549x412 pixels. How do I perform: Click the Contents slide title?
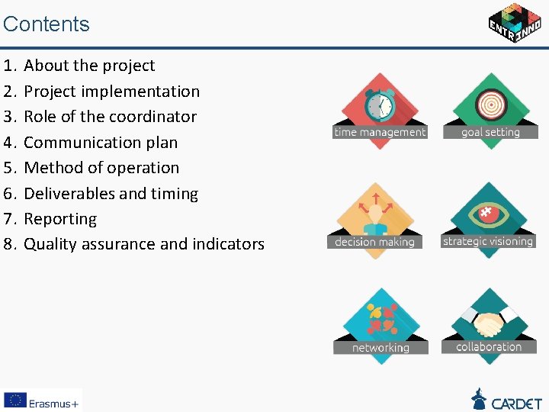point(47,24)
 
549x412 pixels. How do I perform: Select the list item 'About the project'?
point(89,66)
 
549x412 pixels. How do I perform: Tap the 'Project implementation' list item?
point(111,92)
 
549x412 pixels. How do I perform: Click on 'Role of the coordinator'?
point(110,117)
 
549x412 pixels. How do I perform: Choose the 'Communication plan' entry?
point(101,143)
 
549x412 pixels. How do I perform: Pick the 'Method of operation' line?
point(101,168)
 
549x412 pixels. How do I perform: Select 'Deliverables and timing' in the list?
point(111,194)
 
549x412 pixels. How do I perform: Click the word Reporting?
point(60,219)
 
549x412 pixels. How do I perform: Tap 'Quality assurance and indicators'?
point(144,244)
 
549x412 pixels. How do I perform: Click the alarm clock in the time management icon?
point(379,105)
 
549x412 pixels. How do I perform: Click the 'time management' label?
point(380,132)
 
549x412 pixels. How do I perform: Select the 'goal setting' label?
point(490,132)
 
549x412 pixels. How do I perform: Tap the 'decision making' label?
point(374,242)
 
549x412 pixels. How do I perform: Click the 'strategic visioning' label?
point(488,241)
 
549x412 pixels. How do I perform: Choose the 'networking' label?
point(380,348)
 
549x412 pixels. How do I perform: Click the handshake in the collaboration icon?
point(489,324)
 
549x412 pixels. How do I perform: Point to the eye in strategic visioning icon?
point(490,214)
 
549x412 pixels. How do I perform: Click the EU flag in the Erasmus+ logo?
point(14,401)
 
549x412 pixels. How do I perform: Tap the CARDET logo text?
point(516,402)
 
